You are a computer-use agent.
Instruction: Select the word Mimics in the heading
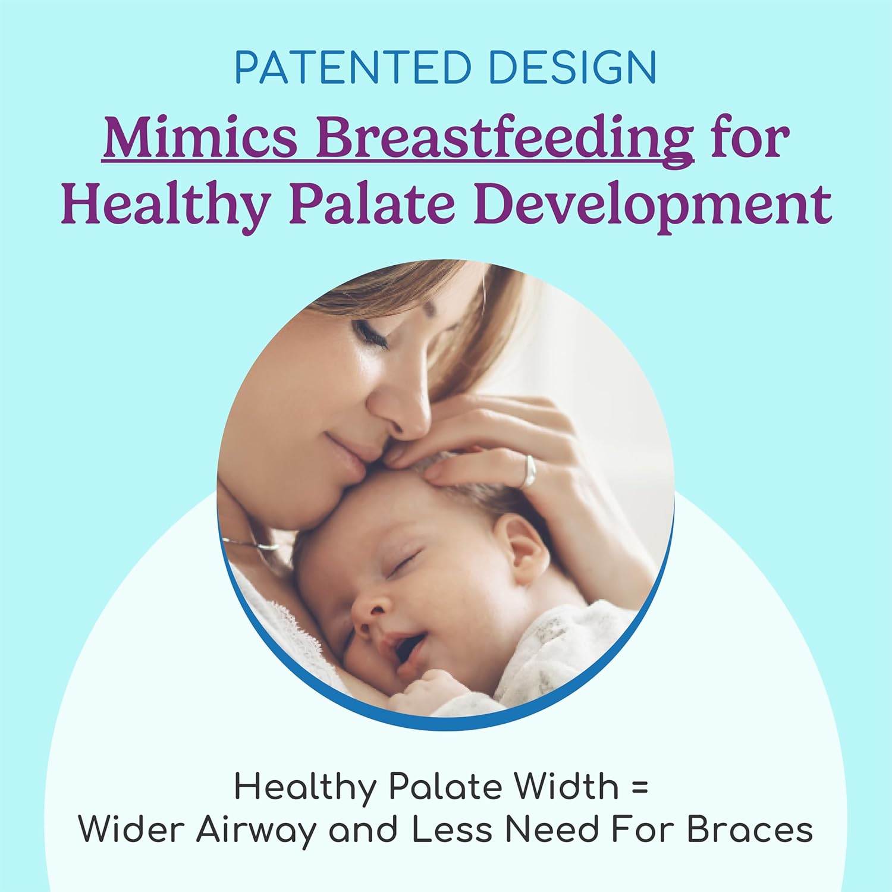pyautogui.click(x=200, y=139)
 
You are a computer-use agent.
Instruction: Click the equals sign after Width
pyautogui.click(x=639, y=787)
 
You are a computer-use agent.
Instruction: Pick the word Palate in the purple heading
pyautogui.click(x=378, y=204)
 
